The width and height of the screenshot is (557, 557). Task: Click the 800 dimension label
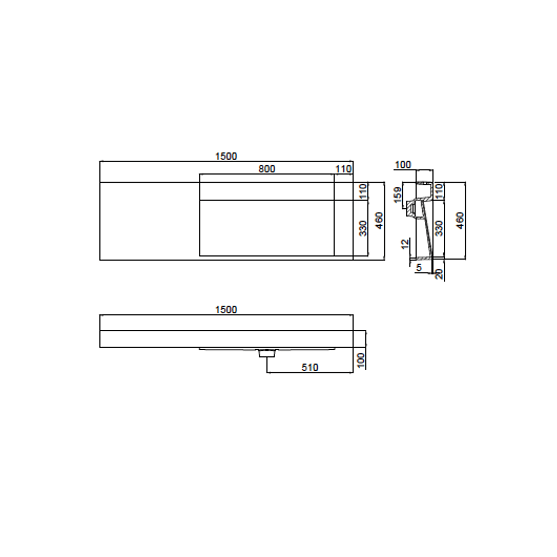[267, 169]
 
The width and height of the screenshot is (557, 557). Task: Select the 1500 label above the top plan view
[226, 156]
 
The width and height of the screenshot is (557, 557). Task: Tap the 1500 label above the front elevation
[226, 310]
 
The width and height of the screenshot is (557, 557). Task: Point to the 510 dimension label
[310, 367]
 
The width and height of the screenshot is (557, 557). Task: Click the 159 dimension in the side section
[398, 195]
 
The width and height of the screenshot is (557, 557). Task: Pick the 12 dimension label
[405, 244]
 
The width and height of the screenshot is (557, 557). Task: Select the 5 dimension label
[419, 267]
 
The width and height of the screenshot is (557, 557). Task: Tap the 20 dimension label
[439, 274]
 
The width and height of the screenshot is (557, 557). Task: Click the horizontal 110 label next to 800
[343, 169]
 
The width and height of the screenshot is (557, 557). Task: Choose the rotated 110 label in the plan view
[363, 191]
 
